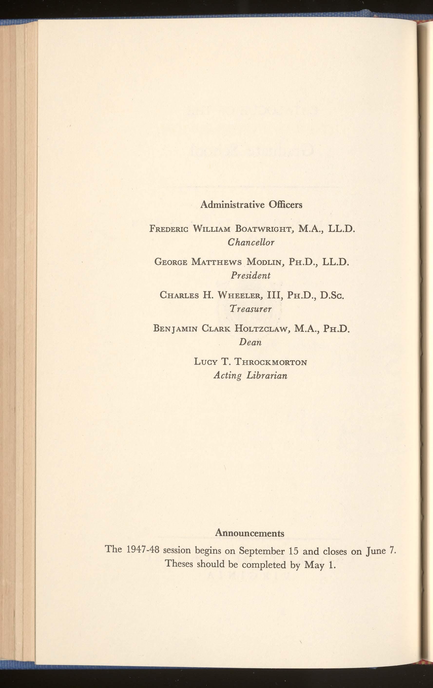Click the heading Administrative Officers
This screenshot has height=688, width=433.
(251, 205)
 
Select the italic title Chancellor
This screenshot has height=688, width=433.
(251, 243)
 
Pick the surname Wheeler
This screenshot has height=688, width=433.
(240, 295)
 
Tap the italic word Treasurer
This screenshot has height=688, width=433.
(251, 309)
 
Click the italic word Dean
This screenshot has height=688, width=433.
(250, 342)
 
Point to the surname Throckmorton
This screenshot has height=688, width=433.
(270, 362)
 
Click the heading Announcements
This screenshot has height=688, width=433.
(250, 533)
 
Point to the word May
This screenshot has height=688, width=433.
(314, 565)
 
